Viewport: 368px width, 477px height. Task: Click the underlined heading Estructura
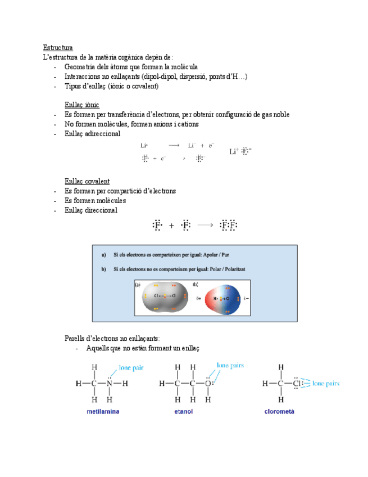click(58, 47)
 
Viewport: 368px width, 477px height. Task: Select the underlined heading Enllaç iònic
click(82, 105)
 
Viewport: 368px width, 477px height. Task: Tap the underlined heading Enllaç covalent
click(87, 181)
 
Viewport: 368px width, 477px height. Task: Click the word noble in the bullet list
click(280, 115)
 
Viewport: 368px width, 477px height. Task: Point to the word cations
click(186, 124)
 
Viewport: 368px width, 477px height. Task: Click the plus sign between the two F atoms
click(171, 226)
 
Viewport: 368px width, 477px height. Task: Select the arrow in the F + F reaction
click(205, 225)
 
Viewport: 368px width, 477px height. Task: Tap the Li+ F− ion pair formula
click(240, 151)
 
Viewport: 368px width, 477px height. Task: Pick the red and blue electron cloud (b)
click(224, 298)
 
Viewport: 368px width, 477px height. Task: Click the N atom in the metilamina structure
click(110, 384)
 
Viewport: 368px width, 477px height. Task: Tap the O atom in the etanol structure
click(207, 384)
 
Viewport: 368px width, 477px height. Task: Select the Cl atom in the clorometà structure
click(298, 384)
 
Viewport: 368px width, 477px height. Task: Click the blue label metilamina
click(103, 412)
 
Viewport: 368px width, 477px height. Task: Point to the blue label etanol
click(184, 412)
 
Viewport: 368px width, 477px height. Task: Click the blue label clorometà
click(280, 412)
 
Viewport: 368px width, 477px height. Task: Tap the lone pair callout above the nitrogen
click(131, 367)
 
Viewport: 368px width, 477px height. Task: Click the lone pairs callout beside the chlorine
click(325, 384)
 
